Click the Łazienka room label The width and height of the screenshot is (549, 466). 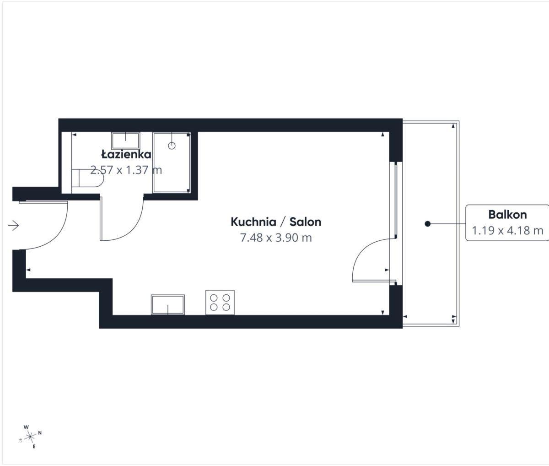[x=126, y=154]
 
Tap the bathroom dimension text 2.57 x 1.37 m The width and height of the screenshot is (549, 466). [x=126, y=170]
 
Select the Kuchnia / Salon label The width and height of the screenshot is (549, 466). [x=276, y=222]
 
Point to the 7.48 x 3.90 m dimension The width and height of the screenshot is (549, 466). [x=276, y=238]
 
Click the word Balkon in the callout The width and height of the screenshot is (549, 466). [x=507, y=215]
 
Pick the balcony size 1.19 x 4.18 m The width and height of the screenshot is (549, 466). [x=507, y=230]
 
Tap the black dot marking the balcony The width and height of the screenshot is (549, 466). [x=428, y=224]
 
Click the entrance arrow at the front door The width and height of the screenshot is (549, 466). [x=13, y=226]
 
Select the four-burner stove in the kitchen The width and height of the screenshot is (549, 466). [x=220, y=302]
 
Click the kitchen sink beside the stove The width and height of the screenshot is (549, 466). [x=168, y=305]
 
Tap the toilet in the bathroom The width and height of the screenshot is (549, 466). [x=87, y=178]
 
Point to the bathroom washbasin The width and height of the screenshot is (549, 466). [x=126, y=141]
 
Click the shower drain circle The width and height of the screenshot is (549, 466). [x=172, y=146]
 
